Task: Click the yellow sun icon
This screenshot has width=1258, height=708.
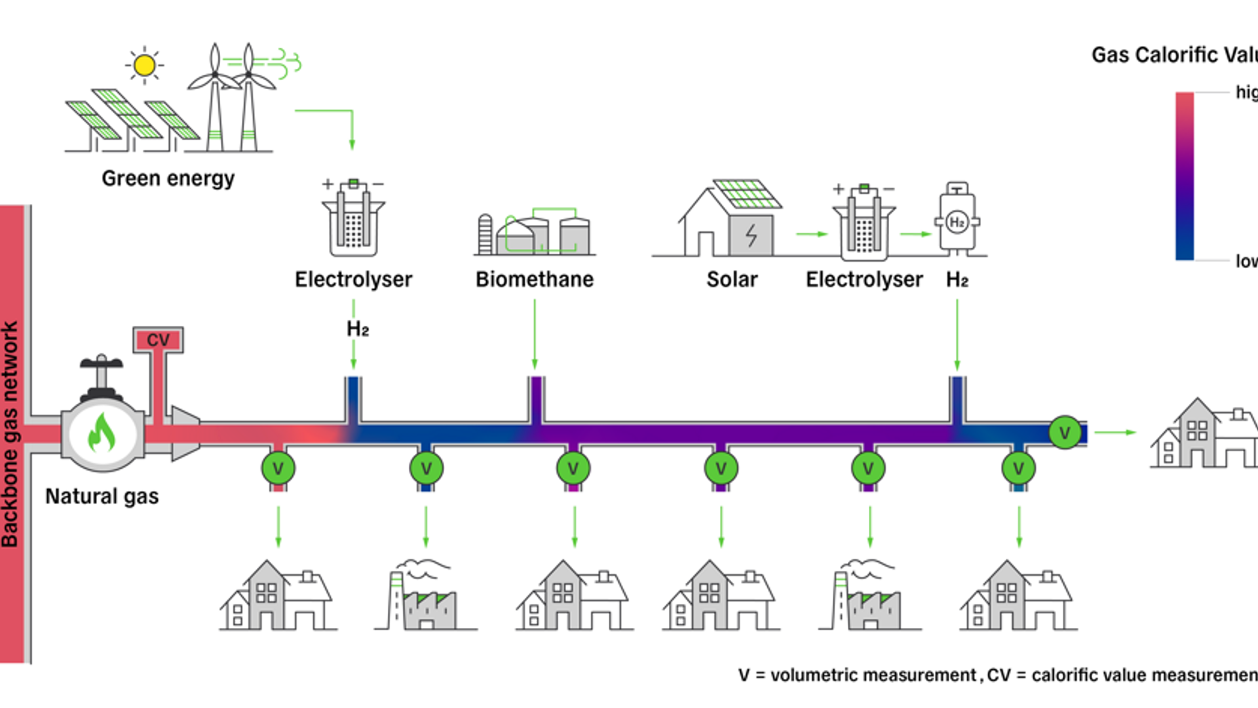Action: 144,66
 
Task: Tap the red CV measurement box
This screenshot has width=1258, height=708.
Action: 158,340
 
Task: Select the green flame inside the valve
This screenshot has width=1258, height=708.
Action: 102,433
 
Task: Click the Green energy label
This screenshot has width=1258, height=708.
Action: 168,178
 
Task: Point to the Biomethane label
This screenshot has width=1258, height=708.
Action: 535,279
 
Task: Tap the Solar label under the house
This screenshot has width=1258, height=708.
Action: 732,279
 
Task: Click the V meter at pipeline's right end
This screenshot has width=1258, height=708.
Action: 1065,433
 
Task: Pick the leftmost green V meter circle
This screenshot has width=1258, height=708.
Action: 278,468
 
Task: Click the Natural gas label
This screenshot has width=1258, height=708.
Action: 102,496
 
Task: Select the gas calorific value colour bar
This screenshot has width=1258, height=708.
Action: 1185,176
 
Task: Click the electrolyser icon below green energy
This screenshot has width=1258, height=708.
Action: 353,219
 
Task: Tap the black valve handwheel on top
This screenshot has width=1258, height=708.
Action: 102,362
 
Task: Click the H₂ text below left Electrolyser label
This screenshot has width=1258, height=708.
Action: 358,329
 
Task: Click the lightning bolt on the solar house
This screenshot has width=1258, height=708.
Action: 752,235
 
